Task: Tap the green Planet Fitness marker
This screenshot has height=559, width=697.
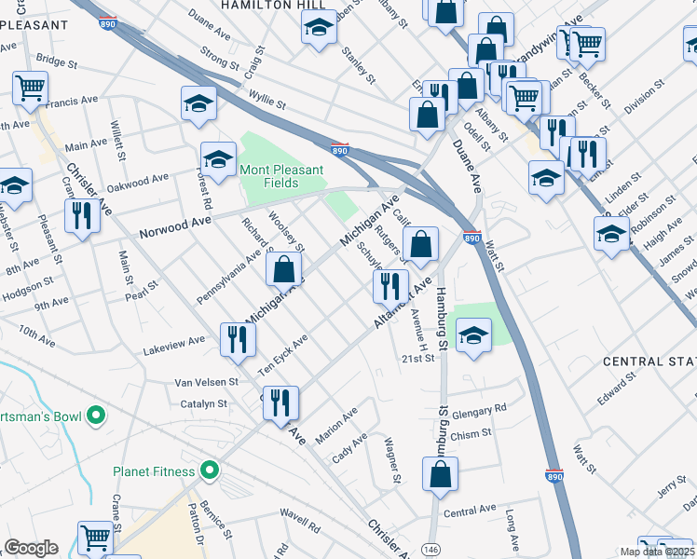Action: (210, 471)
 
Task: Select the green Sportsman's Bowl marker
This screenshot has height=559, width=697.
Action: (94, 415)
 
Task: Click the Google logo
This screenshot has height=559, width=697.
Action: (32, 548)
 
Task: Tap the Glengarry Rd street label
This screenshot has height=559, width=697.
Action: (475, 408)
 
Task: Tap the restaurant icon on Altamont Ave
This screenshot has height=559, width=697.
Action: (390, 284)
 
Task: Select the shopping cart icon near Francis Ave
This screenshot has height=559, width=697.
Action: (31, 88)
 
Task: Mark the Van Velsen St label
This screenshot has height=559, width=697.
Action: (208, 382)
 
